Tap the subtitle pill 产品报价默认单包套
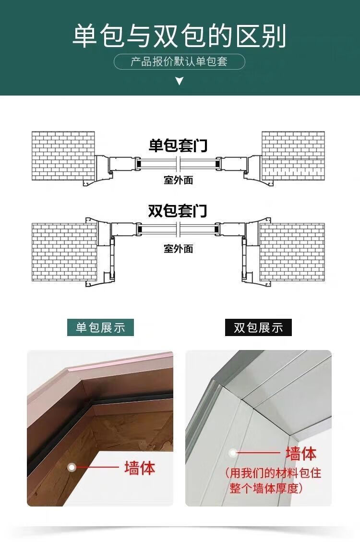pos(179,62)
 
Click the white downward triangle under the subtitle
pos(180,82)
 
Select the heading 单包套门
pos(178,145)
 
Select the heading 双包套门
pos(178,211)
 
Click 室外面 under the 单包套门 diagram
pos(179,180)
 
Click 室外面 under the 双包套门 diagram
pos(179,249)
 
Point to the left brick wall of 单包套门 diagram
pos(63,156)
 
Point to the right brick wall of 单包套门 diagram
pos(293,156)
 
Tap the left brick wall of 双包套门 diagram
pos(64,252)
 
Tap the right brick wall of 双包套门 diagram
pos(292,252)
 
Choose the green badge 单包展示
pos(100,327)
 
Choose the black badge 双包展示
pos(258,327)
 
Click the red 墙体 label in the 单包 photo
pos(140,468)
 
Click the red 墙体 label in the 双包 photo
pos(301,453)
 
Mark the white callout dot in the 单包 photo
pos(72,467)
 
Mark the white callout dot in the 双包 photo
pos(233,452)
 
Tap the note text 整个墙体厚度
pos(264,489)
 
